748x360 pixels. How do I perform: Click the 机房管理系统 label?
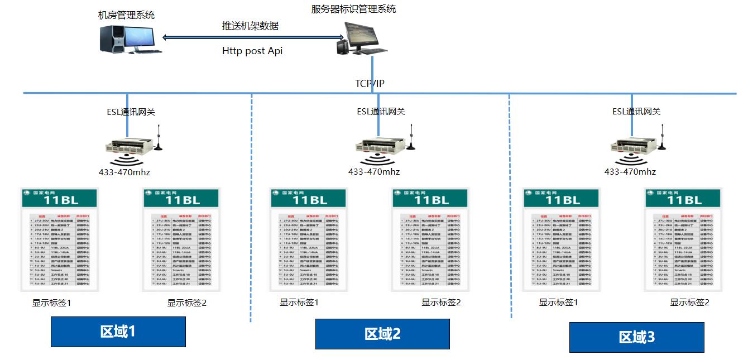pyautogui.click(x=126, y=15)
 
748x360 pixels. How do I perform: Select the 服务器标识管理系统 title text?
pyautogui.click(x=354, y=9)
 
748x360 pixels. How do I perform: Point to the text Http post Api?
pyautogui.click(x=252, y=51)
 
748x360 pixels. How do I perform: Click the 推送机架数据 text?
pyautogui.click(x=250, y=26)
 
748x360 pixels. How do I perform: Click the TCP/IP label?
pyautogui.click(x=370, y=84)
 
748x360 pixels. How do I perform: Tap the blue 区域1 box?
pyautogui.click(x=118, y=332)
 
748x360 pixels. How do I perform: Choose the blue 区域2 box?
pyautogui.click(x=382, y=334)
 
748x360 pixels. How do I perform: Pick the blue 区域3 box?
pyautogui.click(x=636, y=337)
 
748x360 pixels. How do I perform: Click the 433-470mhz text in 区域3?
pyautogui.click(x=630, y=172)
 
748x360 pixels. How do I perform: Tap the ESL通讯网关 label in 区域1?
pyautogui.click(x=131, y=112)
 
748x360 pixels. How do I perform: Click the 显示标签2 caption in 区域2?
pyautogui.click(x=441, y=303)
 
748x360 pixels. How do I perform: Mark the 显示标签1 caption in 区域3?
pyautogui.click(x=558, y=303)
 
